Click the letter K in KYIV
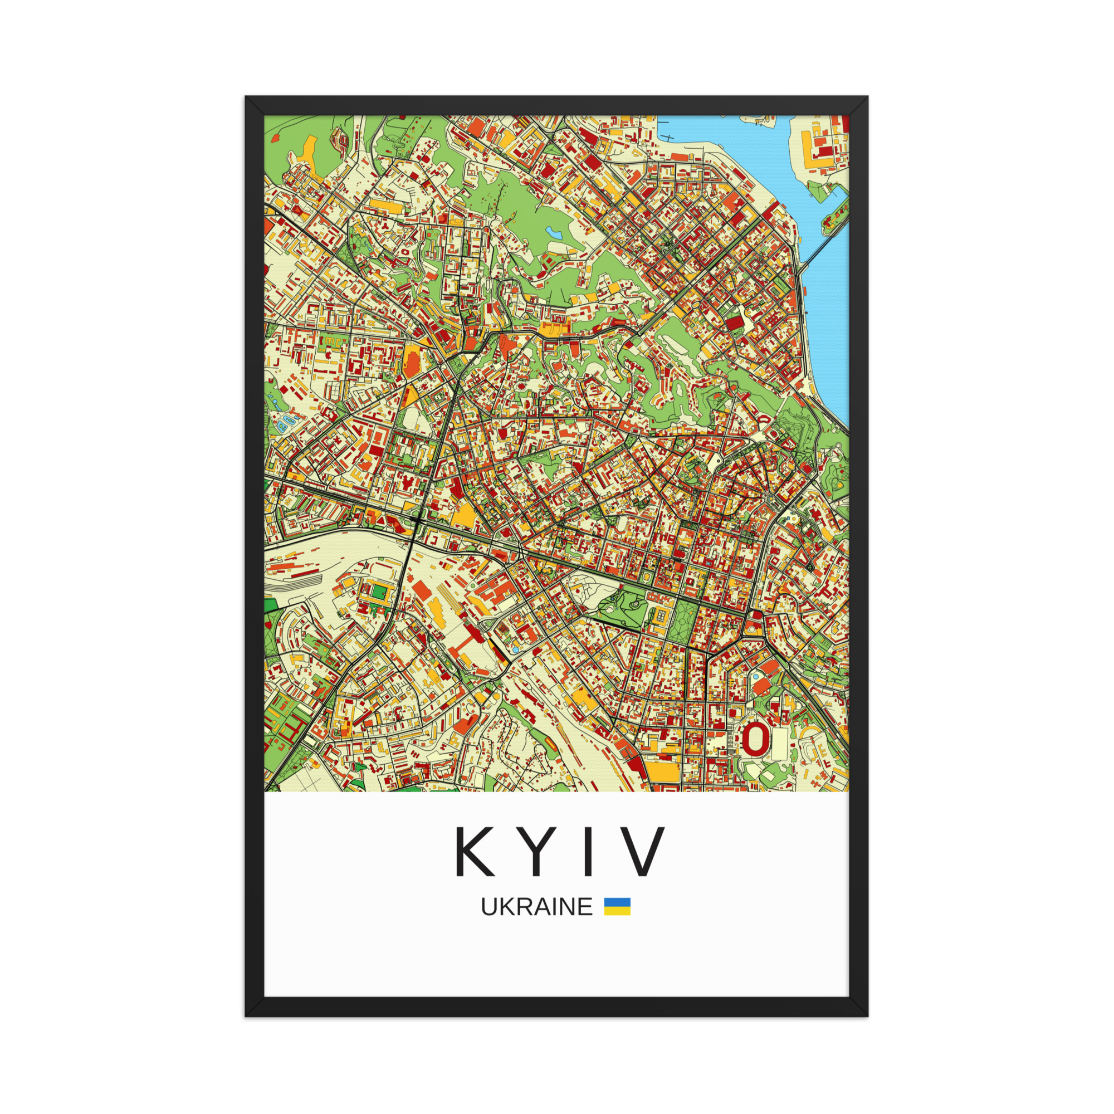[475, 851]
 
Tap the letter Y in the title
[536, 851]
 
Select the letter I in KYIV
[588, 851]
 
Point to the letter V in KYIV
[643, 851]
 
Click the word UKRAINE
[536, 907]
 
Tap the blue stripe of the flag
[617, 902]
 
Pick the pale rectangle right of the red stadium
[779, 743]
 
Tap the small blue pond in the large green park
[554, 233]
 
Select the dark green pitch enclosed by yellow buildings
[380, 592]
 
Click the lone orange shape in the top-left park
[275, 138]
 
